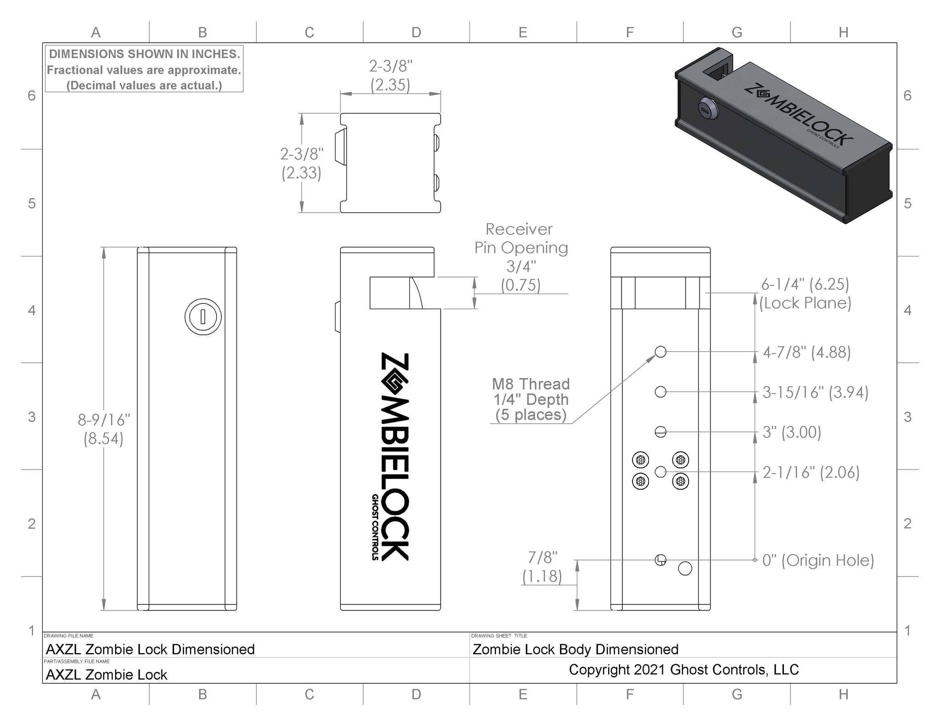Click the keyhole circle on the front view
203,316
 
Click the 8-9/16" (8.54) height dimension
104,429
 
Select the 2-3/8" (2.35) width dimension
390,76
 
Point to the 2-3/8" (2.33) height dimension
302,163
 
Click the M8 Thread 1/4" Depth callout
531,399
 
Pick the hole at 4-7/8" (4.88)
660,352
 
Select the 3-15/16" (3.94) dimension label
815,392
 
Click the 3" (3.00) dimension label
792,432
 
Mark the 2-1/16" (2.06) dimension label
811,472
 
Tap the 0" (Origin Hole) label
818,560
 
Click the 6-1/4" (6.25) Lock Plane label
805,294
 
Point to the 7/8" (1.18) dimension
542,567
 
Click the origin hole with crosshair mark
660,560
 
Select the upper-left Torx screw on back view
641,459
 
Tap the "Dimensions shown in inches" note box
144,69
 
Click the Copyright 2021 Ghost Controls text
683,670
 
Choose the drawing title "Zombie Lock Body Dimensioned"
575,649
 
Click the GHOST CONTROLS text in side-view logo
375,527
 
